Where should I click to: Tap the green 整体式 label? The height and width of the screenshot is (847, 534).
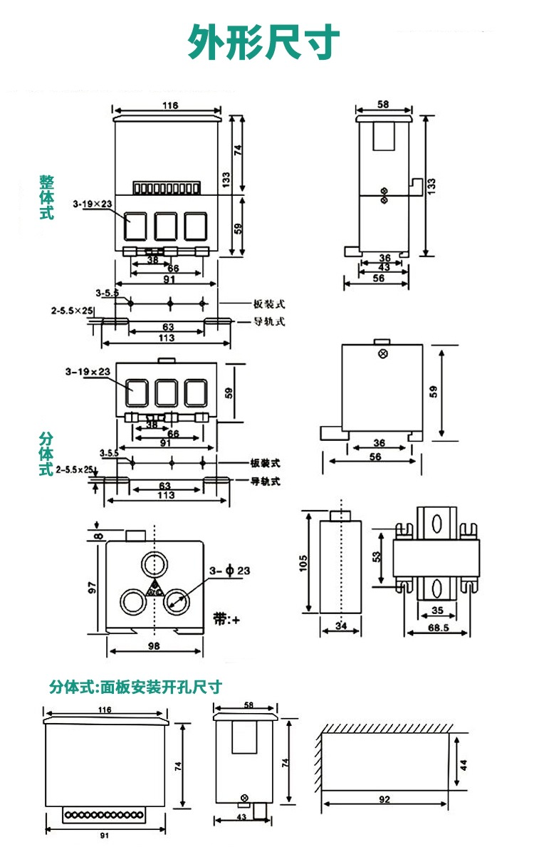46,197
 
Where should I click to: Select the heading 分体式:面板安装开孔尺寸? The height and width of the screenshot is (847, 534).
135,687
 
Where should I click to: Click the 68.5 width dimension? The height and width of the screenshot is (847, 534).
439,628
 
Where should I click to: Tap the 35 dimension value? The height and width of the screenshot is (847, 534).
437,610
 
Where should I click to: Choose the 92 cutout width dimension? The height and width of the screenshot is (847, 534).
384,799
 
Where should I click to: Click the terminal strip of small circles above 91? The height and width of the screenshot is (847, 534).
107,814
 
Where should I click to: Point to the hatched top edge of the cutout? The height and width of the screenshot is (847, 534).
388,729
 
